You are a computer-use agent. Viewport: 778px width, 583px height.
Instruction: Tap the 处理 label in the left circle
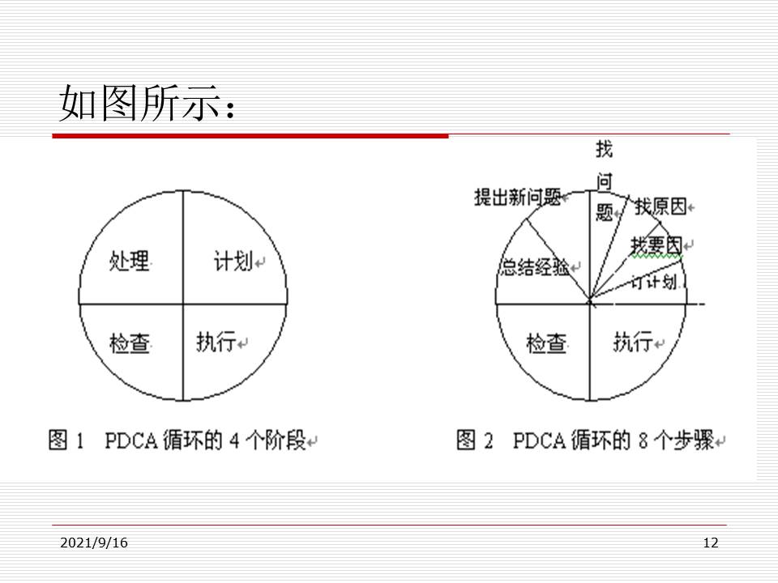[130, 262]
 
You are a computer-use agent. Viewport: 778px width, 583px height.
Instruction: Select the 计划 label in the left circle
[233, 262]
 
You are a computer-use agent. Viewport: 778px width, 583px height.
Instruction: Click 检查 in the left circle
[130, 343]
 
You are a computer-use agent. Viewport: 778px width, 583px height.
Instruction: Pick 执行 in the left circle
[216, 343]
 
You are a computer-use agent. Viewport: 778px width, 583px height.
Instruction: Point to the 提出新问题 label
[517, 197]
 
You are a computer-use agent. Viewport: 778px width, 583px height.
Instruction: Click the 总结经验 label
[535, 268]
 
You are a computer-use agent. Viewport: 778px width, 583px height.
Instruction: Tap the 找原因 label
[660, 207]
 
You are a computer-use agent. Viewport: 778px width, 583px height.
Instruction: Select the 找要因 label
[656, 245]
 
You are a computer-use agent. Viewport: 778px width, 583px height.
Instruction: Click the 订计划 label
[653, 282]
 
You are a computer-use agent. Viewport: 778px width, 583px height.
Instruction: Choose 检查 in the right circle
[546, 343]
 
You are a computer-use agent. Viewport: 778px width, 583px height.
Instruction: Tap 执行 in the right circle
[632, 343]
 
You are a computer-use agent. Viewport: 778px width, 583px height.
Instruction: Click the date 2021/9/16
[94, 543]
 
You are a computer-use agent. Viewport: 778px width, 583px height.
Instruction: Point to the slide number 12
[711, 543]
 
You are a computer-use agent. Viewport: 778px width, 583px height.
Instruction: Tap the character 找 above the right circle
[605, 149]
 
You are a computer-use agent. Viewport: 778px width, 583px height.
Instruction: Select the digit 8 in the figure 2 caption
[639, 441]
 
